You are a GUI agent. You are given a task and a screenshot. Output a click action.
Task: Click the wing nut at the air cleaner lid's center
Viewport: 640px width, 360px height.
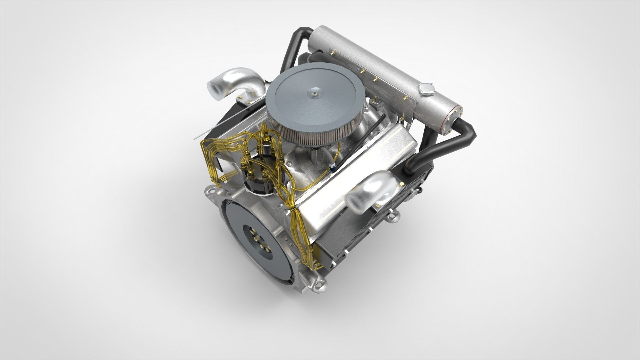(315, 91)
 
